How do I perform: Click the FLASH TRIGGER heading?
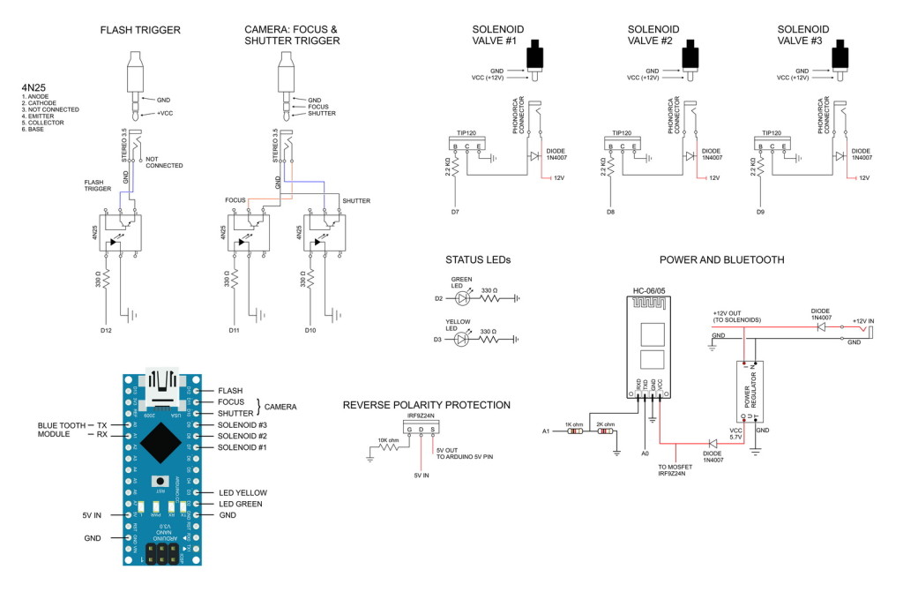(x=140, y=30)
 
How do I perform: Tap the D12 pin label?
(x=105, y=330)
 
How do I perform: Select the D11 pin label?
(x=234, y=330)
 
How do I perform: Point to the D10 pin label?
(x=310, y=330)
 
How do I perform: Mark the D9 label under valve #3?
(x=761, y=212)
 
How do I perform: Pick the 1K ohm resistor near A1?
(x=574, y=431)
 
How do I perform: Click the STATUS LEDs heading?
(x=478, y=260)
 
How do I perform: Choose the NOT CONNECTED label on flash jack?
(x=163, y=161)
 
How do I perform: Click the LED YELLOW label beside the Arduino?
(x=243, y=492)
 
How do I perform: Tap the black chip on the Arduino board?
(x=160, y=440)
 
